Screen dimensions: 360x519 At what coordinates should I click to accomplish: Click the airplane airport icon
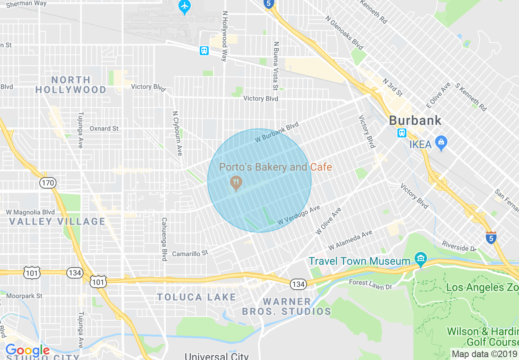185,7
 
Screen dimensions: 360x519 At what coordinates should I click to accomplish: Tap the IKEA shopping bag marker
441,143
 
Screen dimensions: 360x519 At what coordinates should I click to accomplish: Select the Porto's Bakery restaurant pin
235,183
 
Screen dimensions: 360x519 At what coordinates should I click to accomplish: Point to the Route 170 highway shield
48,183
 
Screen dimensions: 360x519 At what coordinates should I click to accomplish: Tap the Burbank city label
415,121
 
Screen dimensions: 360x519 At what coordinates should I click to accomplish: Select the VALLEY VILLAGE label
57,222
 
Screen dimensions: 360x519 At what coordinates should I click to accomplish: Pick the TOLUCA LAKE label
196,297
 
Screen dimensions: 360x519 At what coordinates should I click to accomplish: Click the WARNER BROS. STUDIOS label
287,306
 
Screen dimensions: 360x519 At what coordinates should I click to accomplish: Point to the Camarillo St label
190,253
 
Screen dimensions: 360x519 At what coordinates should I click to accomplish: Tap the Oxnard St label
104,128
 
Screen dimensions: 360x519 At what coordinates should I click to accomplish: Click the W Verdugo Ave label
298,215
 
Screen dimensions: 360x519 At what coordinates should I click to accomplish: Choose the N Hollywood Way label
224,36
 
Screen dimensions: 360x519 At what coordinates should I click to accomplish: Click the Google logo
27,351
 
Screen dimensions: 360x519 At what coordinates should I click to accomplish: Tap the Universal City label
217,356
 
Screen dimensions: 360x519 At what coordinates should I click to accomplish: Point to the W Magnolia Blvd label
30,212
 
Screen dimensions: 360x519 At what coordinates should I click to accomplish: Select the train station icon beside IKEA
402,133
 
